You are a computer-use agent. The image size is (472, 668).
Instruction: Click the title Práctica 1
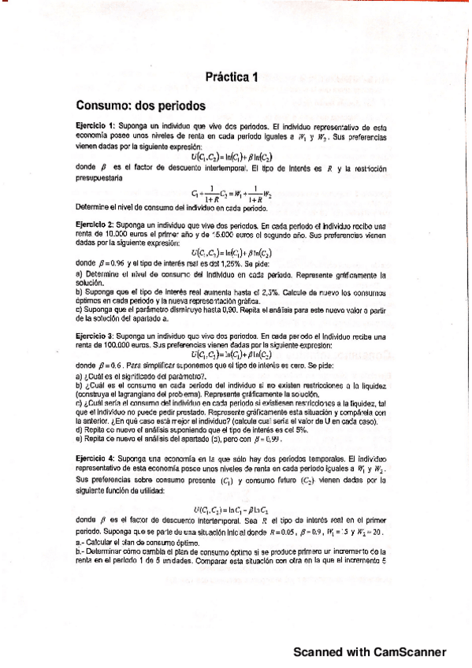232,77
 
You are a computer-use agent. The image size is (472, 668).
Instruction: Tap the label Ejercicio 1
96,126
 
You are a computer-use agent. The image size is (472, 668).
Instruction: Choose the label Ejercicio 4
96,457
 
